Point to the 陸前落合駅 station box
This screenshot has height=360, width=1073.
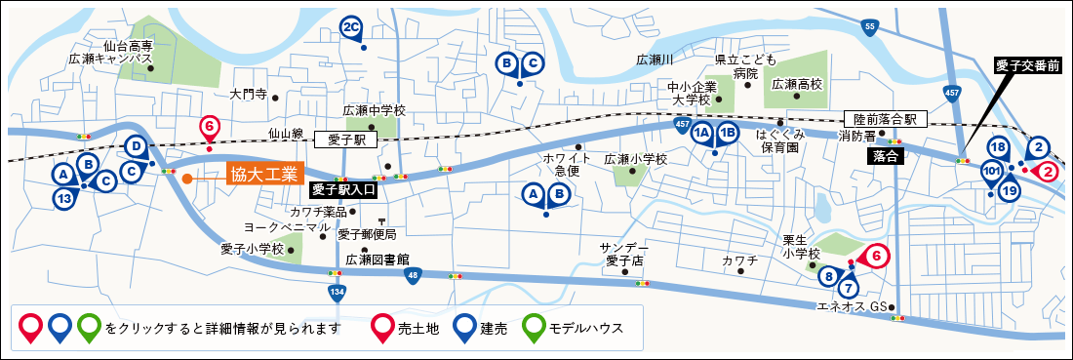click(884, 120)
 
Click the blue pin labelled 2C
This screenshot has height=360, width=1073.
click(352, 28)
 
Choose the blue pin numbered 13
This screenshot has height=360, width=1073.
click(63, 198)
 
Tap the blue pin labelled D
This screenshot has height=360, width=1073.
click(137, 148)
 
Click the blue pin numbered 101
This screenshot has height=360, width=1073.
click(991, 174)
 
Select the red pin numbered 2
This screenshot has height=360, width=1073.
click(1048, 171)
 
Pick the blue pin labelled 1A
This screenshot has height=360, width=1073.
click(701, 135)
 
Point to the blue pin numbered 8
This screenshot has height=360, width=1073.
click(829, 276)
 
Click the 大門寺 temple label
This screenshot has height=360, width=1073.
click(248, 96)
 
